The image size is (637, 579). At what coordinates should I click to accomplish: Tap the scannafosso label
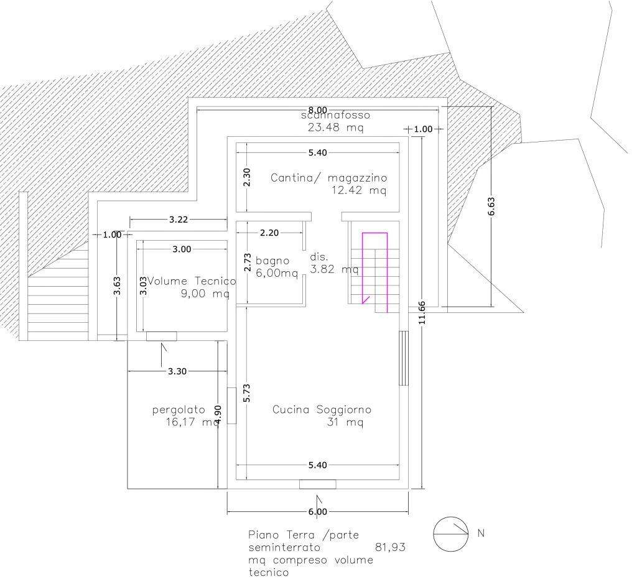coord(335,116)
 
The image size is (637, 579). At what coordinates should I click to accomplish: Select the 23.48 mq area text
coord(335,127)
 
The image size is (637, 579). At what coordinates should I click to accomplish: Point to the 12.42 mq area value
coord(360,190)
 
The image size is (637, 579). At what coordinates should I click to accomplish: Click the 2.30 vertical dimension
coord(247,178)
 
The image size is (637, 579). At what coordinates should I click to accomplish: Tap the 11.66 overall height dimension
coord(422,312)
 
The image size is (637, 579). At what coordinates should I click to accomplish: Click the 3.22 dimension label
coord(178,219)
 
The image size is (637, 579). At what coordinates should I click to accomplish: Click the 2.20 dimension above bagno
coord(269,233)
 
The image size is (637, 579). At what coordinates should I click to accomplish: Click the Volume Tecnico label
coord(192,281)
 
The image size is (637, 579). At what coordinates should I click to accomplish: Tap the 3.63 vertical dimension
coord(117,287)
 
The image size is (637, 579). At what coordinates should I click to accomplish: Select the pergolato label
coord(179,410)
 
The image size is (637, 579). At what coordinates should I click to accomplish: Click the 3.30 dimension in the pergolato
coord(177,371)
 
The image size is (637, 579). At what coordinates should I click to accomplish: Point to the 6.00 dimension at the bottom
coord(317,512)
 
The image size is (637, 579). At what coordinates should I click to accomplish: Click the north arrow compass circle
coord(451,534)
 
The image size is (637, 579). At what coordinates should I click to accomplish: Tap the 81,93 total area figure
coord(391,548)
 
